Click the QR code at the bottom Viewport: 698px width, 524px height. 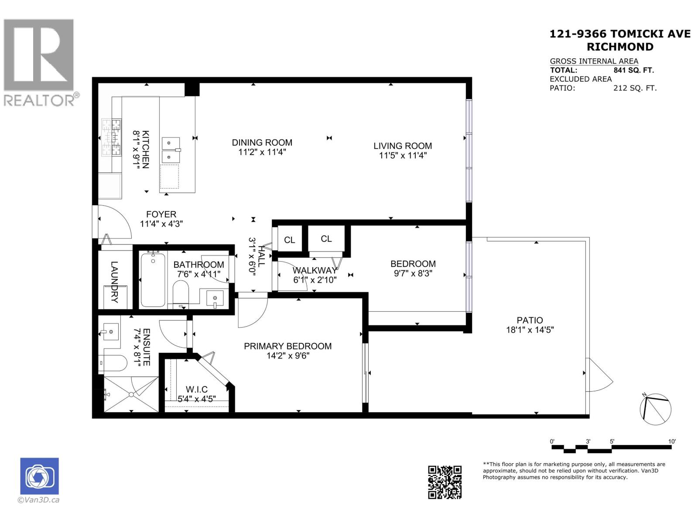tap(445, 482)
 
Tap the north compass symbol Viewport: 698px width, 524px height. tap(655, 409)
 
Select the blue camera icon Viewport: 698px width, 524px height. tap(39, 476)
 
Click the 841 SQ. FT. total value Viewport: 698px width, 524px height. tap(633, 70)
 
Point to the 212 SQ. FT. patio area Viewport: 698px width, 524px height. tap(634, 88)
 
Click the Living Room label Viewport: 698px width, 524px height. tap(402, 146)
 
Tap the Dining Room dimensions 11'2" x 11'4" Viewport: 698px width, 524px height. tap(262, 152)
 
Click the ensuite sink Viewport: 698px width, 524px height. tap(110, 332)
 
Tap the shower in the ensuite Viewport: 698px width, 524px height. tap(131, 394)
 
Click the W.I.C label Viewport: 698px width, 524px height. tap(196, 389)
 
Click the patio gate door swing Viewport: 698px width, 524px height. tap(599, 376)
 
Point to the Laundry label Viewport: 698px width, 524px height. tap(114, 282)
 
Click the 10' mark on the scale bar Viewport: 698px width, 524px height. tap(672, 441)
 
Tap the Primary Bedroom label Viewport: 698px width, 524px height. tap(287, 346)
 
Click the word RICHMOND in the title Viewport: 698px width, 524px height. tap(619, 47)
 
